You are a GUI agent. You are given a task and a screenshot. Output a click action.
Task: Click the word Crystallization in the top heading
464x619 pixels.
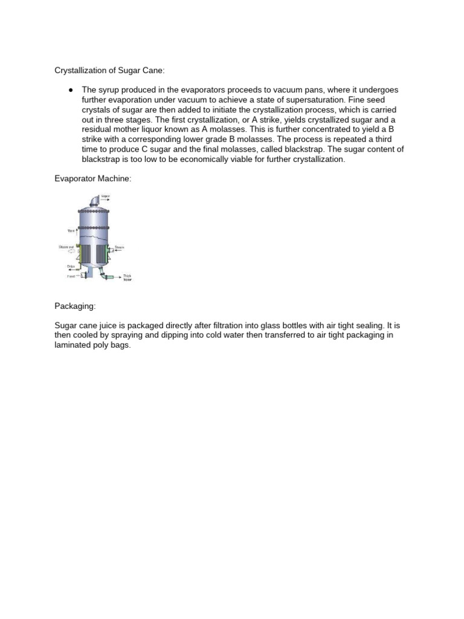[x=80, y=71]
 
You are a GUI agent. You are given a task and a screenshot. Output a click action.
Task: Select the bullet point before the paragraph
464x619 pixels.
[x=71, y=90]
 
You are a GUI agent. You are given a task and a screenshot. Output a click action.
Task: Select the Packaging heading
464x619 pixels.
[x=75, y=307]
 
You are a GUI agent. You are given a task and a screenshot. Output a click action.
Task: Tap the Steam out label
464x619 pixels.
[x=66, y=247]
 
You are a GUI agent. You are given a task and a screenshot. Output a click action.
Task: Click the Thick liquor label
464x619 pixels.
[x=127, y=279]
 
